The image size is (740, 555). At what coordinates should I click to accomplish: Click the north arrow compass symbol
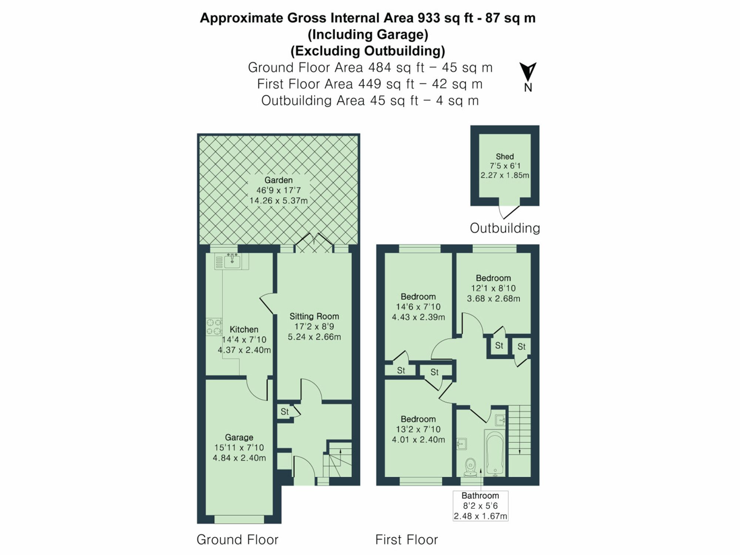(x=528, y=72)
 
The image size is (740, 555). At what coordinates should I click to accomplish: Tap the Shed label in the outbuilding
(x=505, y=157)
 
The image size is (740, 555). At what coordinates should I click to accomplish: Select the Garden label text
(x=278, y=180)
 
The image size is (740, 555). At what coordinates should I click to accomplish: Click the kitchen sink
(x=232, y=261)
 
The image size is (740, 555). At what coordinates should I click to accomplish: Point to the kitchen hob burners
(x=214, y=327)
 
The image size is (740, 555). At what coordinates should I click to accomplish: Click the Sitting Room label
(x=314, y=316)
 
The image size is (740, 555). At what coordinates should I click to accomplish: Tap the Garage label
(x=239, y=437)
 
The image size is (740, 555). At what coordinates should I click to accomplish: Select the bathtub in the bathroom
(x=494, y=453)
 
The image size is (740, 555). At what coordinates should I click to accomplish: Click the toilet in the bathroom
(x=470, y=467)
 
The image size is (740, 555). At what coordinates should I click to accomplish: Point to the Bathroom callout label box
(x=480, y=506)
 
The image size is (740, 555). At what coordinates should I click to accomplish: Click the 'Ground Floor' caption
(x=237, y=540)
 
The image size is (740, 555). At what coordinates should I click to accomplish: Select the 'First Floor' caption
(x=406, y=540)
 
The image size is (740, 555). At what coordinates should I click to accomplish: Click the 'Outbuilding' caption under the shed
(x=505, y=228)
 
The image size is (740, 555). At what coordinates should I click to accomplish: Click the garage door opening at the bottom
(x=239, y=519)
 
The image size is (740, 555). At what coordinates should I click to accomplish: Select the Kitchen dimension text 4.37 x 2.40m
(x=244, y=350)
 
